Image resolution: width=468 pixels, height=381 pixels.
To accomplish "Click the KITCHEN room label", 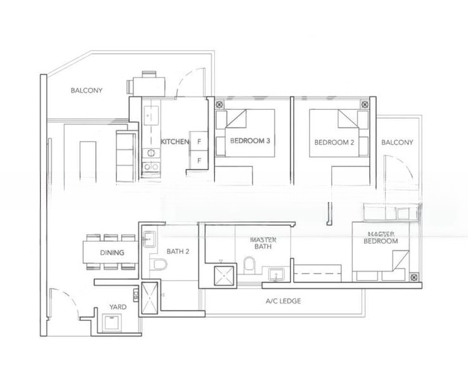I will tap(174, 142).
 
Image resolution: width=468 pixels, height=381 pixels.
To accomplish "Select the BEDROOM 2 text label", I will tap(334, 142).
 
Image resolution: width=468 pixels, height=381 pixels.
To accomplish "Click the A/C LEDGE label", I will tap(283, 301).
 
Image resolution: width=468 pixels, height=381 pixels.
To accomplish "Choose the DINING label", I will tap(112, 253).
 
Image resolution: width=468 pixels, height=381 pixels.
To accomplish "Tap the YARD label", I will tap(117, 307).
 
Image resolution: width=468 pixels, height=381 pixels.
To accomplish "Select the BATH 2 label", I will tap(179, 251).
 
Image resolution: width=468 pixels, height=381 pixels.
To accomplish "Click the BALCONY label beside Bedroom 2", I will tap(397, 142).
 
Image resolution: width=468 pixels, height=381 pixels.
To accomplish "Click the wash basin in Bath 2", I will tap(150, 239).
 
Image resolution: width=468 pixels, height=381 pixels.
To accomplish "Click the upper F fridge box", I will tap(199, 142).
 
